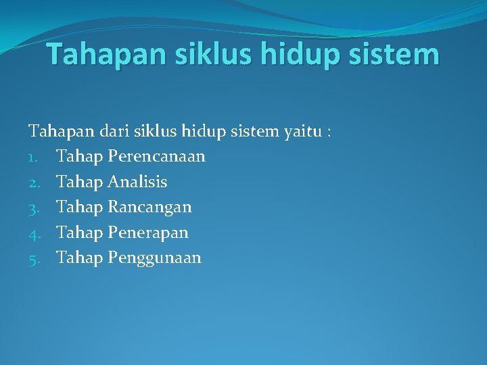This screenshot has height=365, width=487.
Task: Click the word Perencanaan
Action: [x=156, y=157]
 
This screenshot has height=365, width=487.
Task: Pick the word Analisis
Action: [x=137, y=182]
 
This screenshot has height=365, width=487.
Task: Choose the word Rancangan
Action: [x=149, y=208]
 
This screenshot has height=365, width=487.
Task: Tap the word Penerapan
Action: [x=148, y=233]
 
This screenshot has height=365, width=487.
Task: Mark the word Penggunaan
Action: [x=154, y=258]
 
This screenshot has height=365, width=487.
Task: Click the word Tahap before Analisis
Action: [x=79, y=182]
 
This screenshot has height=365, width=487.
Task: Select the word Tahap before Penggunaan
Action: [x=79, y=258]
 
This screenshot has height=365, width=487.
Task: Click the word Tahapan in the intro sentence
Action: [x=53, y=131]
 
